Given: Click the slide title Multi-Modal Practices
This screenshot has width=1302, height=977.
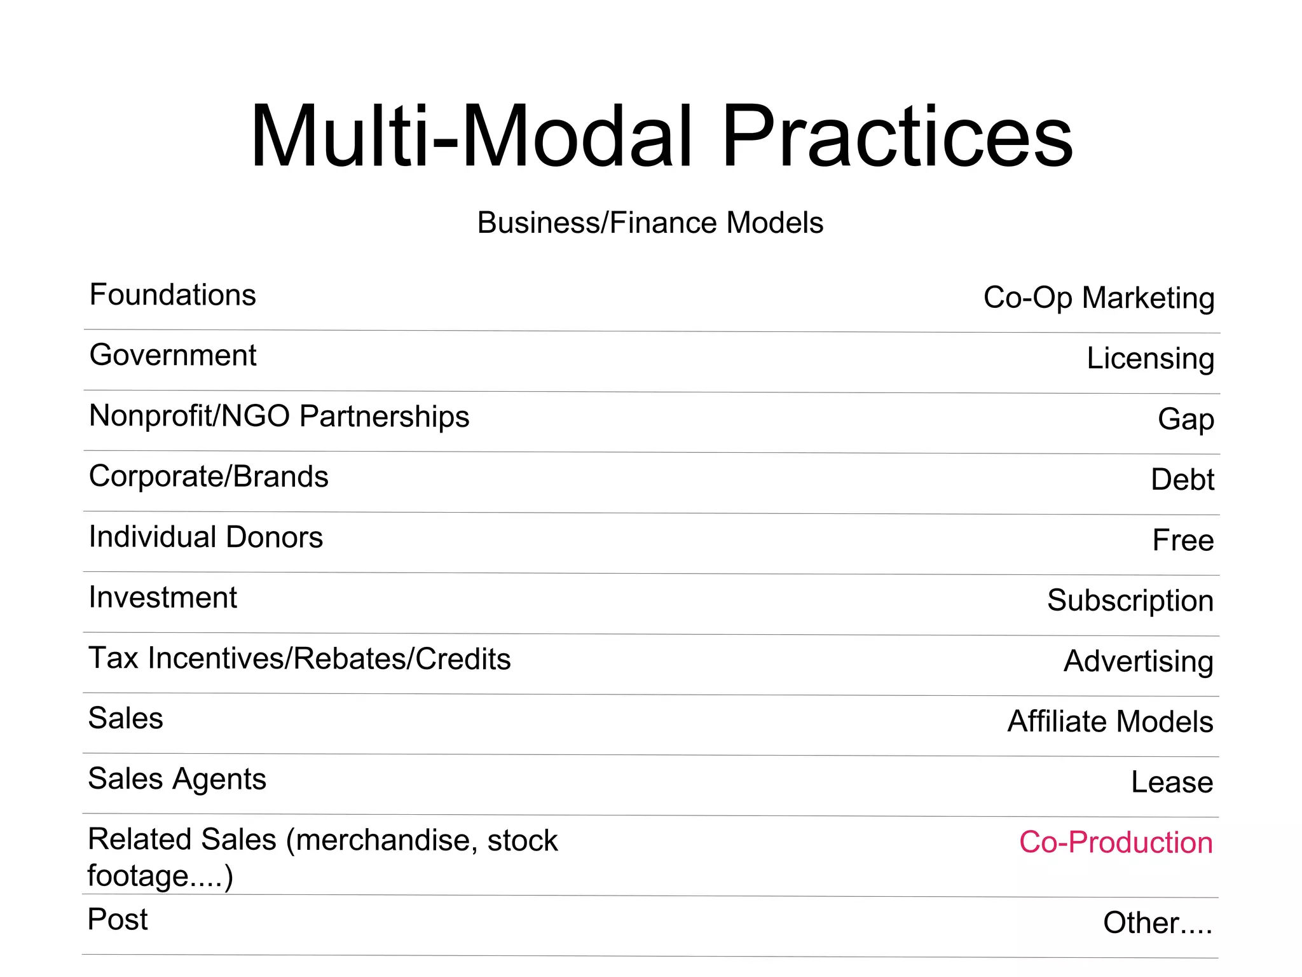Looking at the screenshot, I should (661, 137).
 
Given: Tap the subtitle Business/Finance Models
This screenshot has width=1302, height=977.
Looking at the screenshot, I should (650, 223).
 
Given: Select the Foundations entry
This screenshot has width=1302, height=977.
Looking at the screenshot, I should (172, 295).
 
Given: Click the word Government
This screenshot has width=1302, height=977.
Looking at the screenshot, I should (172, 355).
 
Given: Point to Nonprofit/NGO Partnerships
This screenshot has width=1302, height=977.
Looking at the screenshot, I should (279, 416).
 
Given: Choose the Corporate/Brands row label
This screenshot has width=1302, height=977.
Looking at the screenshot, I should (209, 476).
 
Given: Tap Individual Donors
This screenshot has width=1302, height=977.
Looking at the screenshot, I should (206, 537).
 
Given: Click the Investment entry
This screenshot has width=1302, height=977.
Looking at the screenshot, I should (163, 597).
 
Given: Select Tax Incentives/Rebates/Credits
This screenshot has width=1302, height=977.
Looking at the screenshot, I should (299, 658).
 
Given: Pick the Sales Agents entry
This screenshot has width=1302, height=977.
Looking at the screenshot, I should (177, 779).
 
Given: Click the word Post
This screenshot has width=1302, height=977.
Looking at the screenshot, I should (118, 919).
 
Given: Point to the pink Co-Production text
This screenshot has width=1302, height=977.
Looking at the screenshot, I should (1116, 842).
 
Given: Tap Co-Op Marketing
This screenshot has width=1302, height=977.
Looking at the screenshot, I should (1099, 298).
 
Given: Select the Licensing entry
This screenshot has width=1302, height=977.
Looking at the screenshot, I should (1150, 358).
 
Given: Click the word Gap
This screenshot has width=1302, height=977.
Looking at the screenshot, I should (1186, 419).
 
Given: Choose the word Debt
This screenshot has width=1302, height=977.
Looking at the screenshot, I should (1182, 480).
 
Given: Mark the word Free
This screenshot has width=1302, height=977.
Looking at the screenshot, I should (1183, 540).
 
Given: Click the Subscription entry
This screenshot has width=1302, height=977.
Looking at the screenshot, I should (1130, 600).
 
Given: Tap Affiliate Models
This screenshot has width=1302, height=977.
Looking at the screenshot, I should (1110, 721).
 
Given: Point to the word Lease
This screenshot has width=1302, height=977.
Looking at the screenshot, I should (1172, 782).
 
